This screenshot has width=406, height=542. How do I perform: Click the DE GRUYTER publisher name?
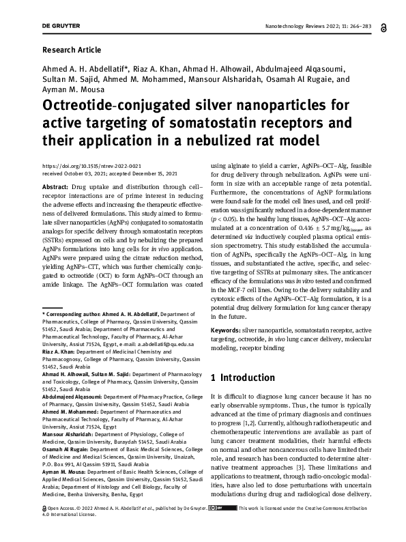[x=61, y=25]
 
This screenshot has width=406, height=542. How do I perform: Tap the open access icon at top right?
[x=386, y=25]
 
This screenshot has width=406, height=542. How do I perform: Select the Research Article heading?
[x=72, y=51]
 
